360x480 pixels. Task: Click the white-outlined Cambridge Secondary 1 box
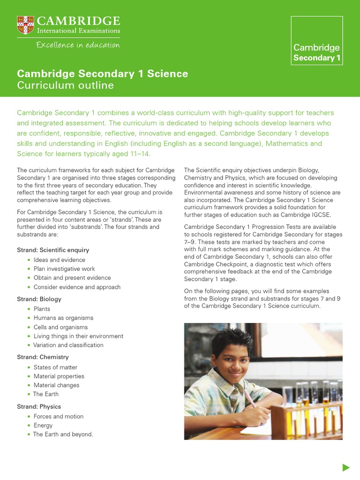(316, 40)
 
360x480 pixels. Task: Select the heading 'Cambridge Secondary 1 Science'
(102, 74)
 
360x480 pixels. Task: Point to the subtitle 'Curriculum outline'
(65, 85)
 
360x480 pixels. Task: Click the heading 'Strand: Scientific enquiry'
(53, 250)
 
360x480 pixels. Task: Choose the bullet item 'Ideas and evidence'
(59, 260)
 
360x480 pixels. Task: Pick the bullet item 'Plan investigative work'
(64, 269)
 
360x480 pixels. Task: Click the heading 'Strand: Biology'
(39, 299)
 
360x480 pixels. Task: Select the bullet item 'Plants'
(42, 309)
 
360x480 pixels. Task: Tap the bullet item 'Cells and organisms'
(60, 327)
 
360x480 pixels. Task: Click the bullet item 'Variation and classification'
(68, 345)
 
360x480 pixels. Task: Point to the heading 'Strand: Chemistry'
(43, 357)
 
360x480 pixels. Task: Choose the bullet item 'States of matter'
(55, 367)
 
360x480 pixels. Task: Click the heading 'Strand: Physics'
(39, 406)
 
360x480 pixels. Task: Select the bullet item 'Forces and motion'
(58, 416)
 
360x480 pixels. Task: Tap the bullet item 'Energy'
(43, 425)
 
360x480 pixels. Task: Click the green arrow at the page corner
(346, 467)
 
